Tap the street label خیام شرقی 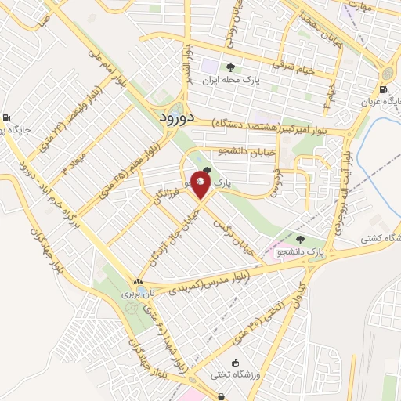tap(293, 70)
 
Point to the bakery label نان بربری tap(139, 294)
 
